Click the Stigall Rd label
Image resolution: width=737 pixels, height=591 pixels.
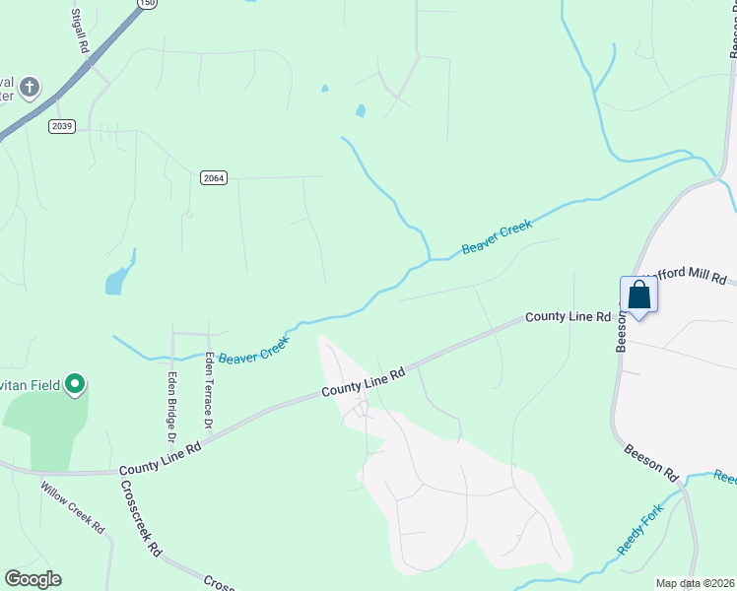(x=81, y=32)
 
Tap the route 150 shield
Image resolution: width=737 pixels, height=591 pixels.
(x=147, y=4)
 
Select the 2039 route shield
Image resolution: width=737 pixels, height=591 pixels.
(x=61, y=126)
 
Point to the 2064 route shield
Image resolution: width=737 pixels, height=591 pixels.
(x=213, y=177)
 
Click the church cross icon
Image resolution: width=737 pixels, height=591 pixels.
(x=30, y=88)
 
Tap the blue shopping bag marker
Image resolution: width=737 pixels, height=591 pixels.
(x=638, y=295)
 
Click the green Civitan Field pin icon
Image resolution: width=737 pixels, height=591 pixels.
(x=75, y=385)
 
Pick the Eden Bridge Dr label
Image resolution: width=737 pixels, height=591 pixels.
(x=170, y=406)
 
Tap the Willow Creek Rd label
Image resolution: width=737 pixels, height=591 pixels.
(x=72, y=507)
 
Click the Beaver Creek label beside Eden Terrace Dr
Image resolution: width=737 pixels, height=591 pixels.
(x=253, y=349)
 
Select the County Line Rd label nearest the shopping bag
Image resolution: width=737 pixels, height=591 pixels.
(x=569, y=316)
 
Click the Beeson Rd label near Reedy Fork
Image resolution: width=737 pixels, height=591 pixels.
(x=652, y=462)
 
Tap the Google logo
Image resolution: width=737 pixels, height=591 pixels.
(x=33, y=579)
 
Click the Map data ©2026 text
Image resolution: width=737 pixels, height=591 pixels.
(x=695, y=583)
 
